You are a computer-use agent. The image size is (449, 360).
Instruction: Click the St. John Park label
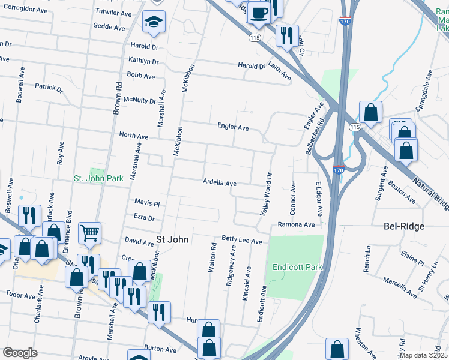pyautogui.click(x=98, y=178)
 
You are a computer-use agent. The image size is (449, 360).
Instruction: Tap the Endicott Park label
pyautogui.click(x=297, y=267)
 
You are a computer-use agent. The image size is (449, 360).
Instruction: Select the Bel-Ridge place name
pyautogui.click(x=404, y=226)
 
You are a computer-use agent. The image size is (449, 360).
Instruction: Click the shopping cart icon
pyautogui.click(x=89, y=232)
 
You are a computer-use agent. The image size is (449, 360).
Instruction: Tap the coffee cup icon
pyautogui.click(x=259, y=13)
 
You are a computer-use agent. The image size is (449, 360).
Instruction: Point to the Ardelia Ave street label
pyautogui.click(x=219, y=182)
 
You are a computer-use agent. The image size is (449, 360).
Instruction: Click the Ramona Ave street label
pyautogui.click(x=296, y=225)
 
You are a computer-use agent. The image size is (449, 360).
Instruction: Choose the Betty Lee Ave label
pyautogui.click(x=242, y=241)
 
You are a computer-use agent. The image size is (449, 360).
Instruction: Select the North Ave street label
pyautogui.click(x=133, y=136)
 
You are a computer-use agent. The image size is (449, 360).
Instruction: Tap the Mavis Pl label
pyautogui.click(x=147, y=203)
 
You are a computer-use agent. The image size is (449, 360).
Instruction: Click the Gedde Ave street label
pyautogui.click(x=109, y=27)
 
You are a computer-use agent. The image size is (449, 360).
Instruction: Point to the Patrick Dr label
pyautogui.click(x=49, y=88)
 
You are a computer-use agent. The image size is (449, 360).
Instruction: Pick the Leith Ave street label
pyautogui.click(x=280, y=72)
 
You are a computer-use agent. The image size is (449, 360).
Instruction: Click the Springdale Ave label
pyautogui.click(x=424, y=91)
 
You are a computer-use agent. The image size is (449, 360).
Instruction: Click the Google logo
pyautogui.click(x=20, y=353)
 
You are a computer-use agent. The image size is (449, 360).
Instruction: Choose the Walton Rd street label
pyautogui.click(x=212, y=258)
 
